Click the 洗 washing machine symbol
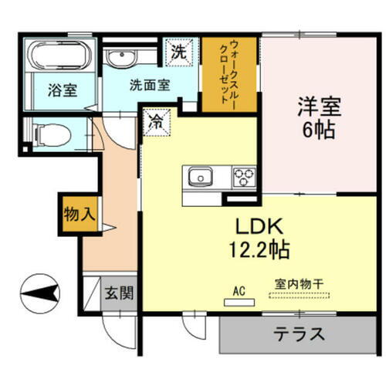pyautogui.click(x=179, y=54)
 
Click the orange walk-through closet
pyautogui.click(x=229, y=74)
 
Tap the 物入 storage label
pyautogui.click(x=79, y=214)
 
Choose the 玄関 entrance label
pyautogui.click(x=118, y=293)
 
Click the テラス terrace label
pyautogui.click(x=297, y=335)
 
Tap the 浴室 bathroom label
pyautogui.click(x=60, y=90)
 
